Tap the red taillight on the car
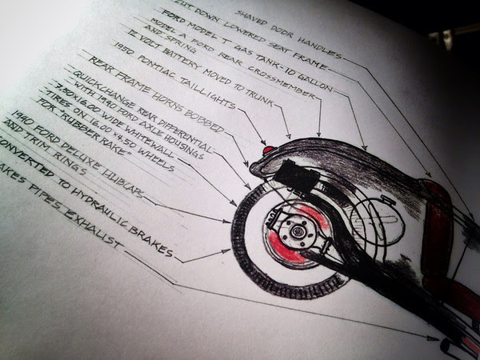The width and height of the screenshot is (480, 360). [267, 150]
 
